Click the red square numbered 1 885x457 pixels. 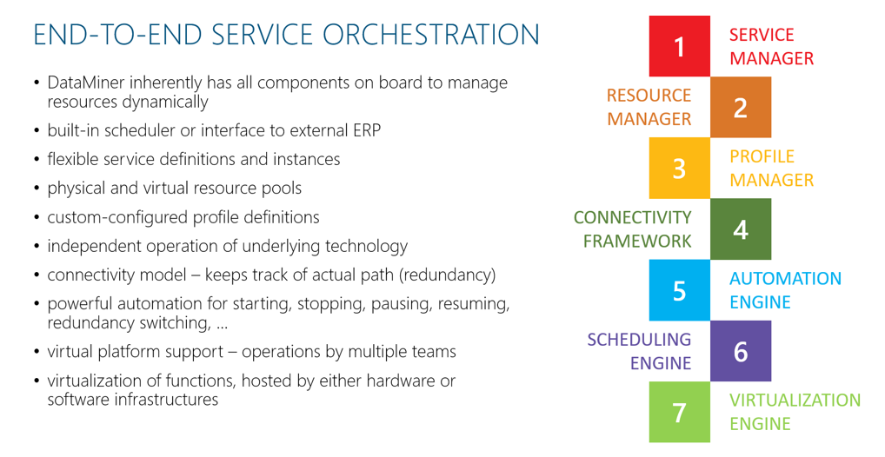(x=680, y=46)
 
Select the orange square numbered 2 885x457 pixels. (x=741, y=107)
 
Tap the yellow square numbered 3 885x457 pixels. (x=680, y=169)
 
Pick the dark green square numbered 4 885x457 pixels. (x=741, y=229)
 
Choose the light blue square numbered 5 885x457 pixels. (x=680, y=290)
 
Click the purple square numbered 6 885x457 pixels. (x=741, y=351)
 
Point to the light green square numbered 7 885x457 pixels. (x=680, y=412)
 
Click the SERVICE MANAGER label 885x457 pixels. (x=772, y=46)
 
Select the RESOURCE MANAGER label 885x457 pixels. (x=649, y=107)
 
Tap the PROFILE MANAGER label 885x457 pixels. (x=772, y=169)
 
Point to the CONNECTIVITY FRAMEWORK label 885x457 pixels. (x=633, y=229)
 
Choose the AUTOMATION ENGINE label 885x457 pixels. (x=785, y=290)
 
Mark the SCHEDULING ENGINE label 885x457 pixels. (x=640, y=351)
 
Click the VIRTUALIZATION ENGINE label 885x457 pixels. (x=795, y=412)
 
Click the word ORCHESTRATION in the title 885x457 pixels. (x=431, y=35)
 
